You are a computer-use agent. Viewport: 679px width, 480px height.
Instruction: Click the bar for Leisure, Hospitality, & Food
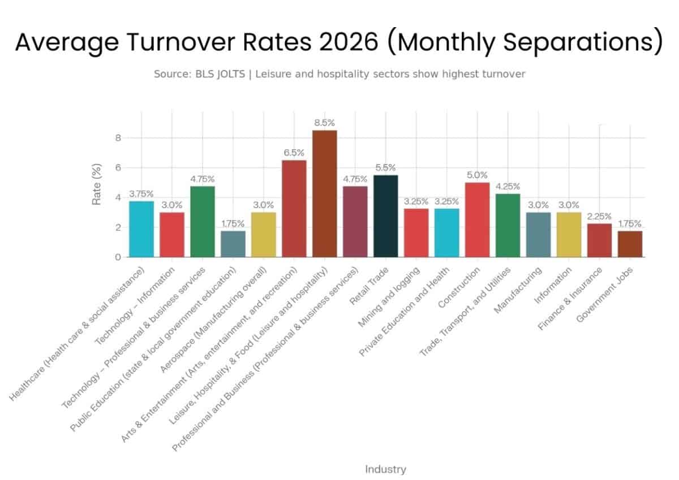click(x=324, y=193)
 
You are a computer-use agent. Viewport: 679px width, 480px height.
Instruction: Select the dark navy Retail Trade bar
click(x=385, y=216)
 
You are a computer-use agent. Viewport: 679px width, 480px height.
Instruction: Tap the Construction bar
click(x=477, y=219)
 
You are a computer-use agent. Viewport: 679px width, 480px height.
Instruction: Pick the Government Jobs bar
click(x=630, y=244)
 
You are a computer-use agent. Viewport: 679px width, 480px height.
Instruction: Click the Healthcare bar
click(x=141, y=229)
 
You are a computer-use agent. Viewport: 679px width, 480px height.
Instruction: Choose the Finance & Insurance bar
click(x=599, y=240)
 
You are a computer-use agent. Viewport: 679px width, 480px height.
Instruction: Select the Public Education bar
click(x=233, y=244)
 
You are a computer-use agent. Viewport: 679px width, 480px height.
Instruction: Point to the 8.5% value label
click(x=324, y=122)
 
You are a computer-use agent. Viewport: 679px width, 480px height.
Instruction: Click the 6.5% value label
click(x=294, y=152)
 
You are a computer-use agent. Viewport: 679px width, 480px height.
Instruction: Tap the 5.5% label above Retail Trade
click(x=385, y=167)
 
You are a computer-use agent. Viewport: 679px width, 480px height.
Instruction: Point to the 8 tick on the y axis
click(x=118, y=138)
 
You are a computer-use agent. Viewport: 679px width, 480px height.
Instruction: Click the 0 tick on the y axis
click(x=118, y=257)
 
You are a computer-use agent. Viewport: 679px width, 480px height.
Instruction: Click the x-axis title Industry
click(x=385, y=469)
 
